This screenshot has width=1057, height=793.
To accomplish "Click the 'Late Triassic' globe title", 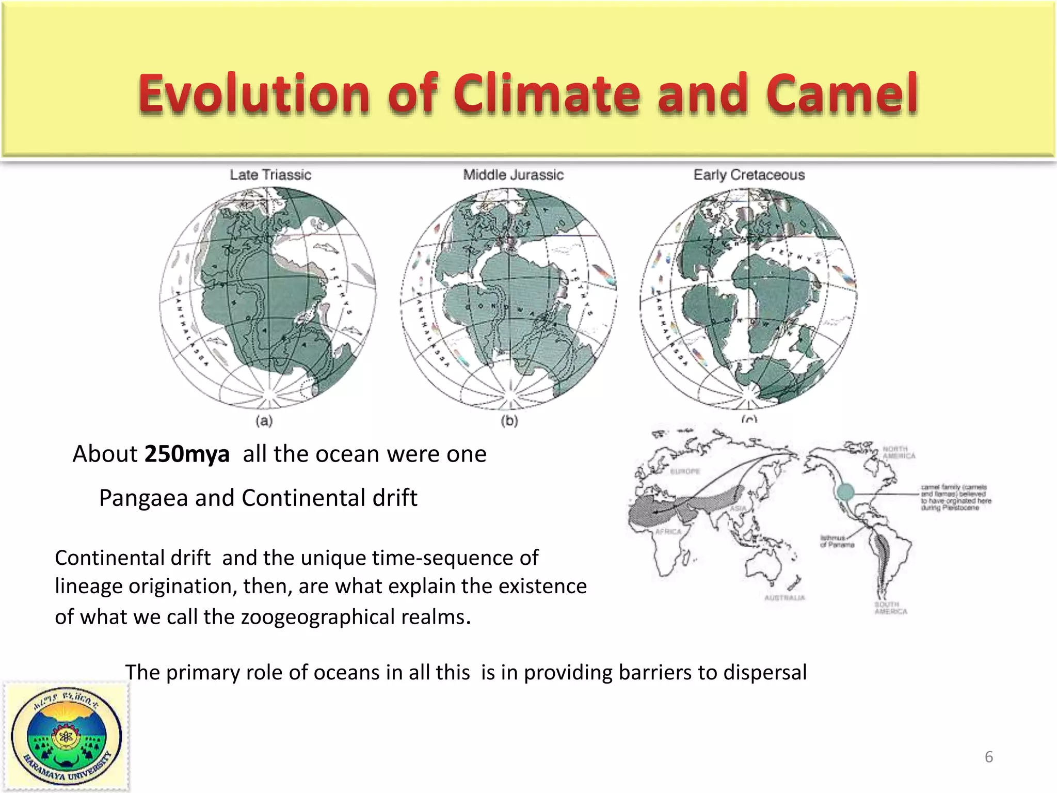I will tap(270, 175).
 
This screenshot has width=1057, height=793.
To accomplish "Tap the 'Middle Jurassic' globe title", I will tap(513, 175).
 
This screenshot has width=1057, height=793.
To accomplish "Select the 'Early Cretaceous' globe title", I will tap(749, 175).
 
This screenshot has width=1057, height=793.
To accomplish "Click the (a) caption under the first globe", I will tap(264, 421).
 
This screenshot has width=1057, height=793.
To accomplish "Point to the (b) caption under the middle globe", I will tap(509, 421).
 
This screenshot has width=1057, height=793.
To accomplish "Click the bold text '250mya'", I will tap(187, 454).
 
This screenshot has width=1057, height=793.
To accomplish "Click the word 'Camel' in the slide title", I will tap(842, 94).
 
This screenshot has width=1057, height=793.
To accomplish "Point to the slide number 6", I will tap(989, 757).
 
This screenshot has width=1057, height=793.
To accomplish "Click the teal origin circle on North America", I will tap(845, 492).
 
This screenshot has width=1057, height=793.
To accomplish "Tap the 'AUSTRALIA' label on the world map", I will tap(784, 598).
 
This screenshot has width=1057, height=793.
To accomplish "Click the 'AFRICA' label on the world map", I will tap(668, 532).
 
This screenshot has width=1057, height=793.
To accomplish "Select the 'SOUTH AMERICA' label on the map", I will tap(890, 608).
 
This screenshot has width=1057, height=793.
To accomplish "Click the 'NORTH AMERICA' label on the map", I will tap(899, 452).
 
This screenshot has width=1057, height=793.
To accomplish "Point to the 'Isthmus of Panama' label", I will tap(837, 541).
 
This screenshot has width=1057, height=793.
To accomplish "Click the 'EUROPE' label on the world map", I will tap(685, 471).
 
